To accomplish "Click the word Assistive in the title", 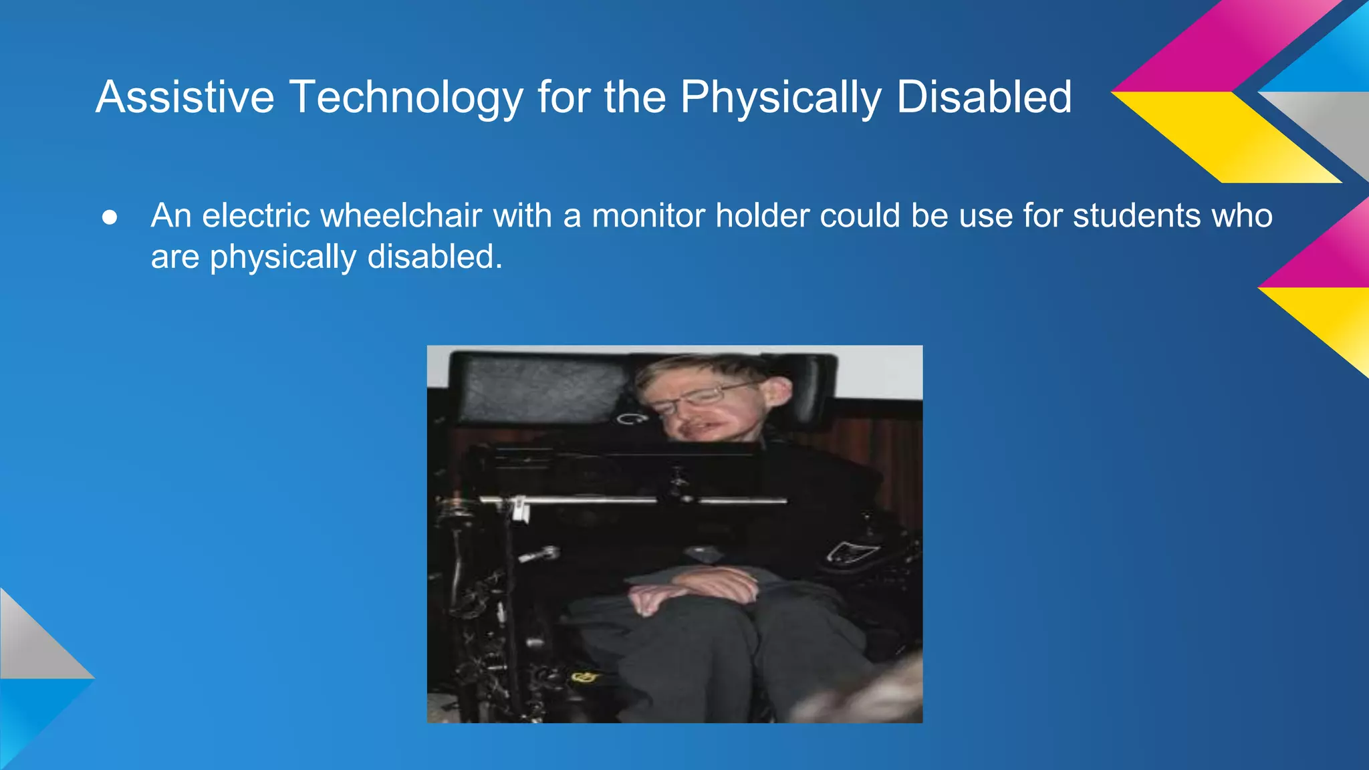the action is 184,98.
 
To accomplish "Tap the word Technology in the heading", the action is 406,98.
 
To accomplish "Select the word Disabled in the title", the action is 984,98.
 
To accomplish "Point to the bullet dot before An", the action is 110,217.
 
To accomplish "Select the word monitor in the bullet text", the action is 648,216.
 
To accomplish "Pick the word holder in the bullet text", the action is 761,216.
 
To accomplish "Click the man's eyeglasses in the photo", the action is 695,399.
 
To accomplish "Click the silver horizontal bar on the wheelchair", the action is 628,500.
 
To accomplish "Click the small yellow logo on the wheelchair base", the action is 583,678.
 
